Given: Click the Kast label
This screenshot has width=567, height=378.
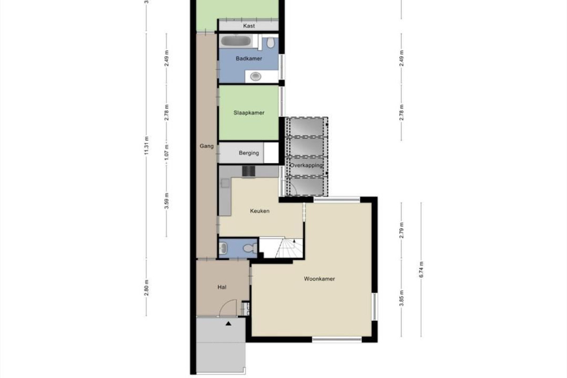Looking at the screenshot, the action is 249,26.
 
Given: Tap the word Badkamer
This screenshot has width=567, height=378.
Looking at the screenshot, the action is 249,59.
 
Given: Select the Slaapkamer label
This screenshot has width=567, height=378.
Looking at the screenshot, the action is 249,112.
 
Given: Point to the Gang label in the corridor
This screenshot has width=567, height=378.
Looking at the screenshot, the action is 206,146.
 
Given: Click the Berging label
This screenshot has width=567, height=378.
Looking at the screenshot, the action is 249,153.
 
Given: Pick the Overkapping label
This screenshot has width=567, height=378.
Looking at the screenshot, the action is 306,165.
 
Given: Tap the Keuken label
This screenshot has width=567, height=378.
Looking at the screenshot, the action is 260,211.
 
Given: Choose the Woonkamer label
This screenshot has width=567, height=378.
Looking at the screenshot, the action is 319,279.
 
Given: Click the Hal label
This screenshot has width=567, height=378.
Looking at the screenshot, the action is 222,287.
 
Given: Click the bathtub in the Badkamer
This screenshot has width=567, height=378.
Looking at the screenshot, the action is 236,41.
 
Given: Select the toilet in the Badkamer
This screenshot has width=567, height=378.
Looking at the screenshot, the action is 270,42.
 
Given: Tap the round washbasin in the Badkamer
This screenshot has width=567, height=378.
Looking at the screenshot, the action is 256,76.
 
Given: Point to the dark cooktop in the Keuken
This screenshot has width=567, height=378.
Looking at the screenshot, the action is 249,172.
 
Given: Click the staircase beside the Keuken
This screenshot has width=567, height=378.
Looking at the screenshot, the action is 282,248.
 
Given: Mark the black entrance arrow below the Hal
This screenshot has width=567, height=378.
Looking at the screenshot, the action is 229,323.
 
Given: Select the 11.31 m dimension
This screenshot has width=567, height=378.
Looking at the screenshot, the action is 146,146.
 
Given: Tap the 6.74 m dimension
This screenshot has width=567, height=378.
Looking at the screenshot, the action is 421,270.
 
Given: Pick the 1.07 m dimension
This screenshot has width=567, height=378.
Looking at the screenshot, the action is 166,153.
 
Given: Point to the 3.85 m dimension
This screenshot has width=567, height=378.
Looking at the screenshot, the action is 401,298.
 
